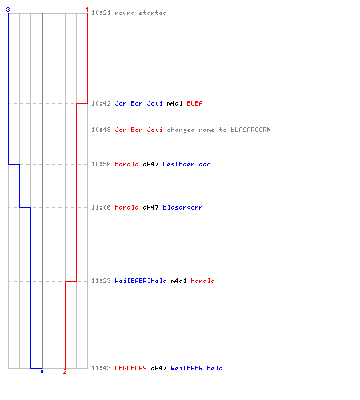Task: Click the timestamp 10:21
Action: pyautogui.click(x=101, y=13)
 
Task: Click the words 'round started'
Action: pyautogui.click(x=141, y=13)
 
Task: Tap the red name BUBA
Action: pyautogui.click(x=194, y=103)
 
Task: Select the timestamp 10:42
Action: pyautogui.click(x=101, y=103)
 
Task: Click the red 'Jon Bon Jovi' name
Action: pyautogui.click(x=138, y=130)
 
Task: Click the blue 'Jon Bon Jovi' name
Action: pyautogui.click(x=138, y=103)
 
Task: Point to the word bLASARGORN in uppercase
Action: pyautogui.click(x=250, y=130)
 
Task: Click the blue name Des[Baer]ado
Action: pyautogui.click(x=186, y=164)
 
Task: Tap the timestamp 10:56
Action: pyautogui.click(x=101, y=164)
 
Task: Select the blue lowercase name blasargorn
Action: pyautogui.click(x=182, y=207)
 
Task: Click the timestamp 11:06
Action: pyautogui.click(x=101, y=207)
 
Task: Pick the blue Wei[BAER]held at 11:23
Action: pyautogui.click(x=141, y=281)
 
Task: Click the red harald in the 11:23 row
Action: pyautogui.click(x=202, y=281)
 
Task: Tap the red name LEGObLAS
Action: pyautogui.click(x=130, y=368)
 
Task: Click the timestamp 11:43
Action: pyautogui.click(x=101, y=368)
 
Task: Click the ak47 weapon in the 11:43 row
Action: pyautogui.click(x=158, y=368)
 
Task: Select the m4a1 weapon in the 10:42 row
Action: pyautogui.click(x=174, y=103)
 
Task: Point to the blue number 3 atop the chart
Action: pyautogui.click(x=8, y=10)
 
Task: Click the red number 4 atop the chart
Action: pyautogui.click(x=87, y=10)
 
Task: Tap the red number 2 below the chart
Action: pyautogui.click(x=65, y=371)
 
